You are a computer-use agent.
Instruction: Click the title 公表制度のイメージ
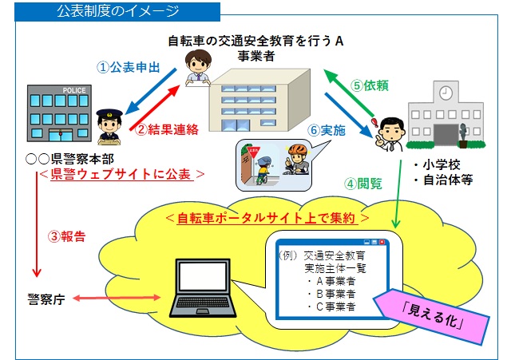[117, 12]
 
